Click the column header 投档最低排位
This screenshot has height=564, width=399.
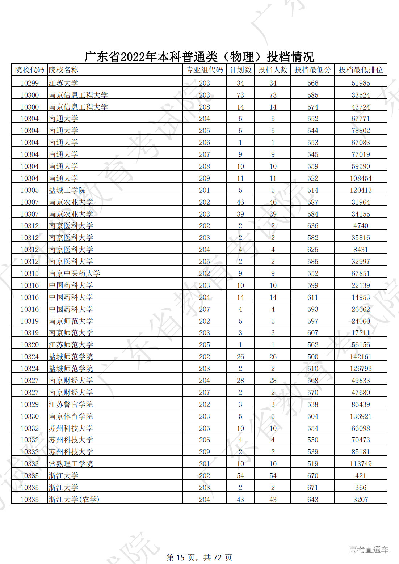(x=361, y=70)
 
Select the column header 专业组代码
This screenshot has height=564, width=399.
(x=204, y=70)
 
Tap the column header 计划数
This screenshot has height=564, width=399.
(x=240, y=70)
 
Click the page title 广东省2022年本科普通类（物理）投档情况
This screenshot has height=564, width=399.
(x=199, y=56)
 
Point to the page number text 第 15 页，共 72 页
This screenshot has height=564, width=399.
(x=199, y=557)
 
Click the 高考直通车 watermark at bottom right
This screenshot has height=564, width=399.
(x=369, y=550)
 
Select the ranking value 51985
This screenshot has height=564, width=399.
(x=361, y=83)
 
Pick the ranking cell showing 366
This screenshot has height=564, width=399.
(x=361, y=488)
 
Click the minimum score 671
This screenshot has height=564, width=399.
(x=312, y=488)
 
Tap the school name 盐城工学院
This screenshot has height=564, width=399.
(x=67, y=190)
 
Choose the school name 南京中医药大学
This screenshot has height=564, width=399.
(x=74, y=273)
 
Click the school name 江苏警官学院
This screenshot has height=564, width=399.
(x=71, y=404)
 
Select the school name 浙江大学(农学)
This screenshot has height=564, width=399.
(x=74, y=500)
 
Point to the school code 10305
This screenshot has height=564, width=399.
(x=29, y=190)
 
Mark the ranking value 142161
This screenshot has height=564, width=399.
(x=361, y=357)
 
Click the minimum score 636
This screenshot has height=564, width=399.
(x=312, y=226)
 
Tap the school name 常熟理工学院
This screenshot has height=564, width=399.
(x=71, y=464)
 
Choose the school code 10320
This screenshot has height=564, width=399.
(x=29, y=345)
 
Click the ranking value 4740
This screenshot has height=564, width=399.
(x=361, y=226)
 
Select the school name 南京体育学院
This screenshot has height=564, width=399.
(x=71, y=416)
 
